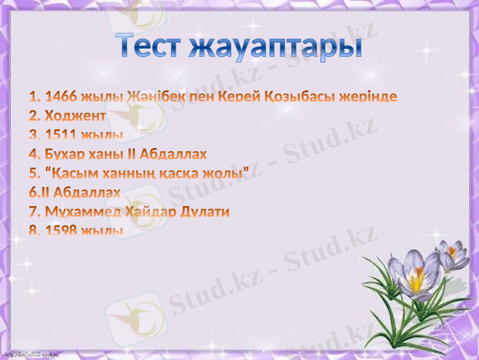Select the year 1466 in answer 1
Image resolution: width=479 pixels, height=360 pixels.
(61, 97)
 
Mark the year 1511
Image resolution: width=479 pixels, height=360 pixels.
(61, 135)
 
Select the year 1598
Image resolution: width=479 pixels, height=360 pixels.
(61, 231)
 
